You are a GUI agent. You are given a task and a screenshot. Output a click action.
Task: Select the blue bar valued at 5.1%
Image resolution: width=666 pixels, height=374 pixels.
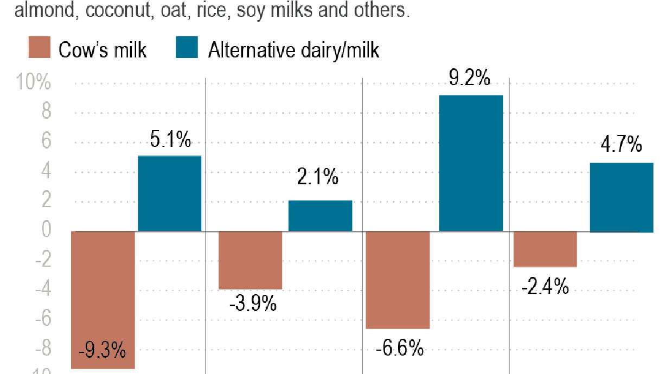point(170,194)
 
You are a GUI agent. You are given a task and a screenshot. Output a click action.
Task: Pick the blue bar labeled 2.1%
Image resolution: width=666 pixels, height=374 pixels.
point(320,216)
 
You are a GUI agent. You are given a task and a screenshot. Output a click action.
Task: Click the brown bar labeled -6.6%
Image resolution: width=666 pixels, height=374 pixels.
point(398,280)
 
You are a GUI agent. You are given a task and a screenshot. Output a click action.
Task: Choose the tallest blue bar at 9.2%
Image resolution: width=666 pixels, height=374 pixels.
point(471,163)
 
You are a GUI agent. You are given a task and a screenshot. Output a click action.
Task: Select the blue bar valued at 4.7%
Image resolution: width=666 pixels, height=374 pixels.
point(621,197)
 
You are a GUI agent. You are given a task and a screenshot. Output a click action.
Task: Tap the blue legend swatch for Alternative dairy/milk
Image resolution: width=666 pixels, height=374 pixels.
point(187,48)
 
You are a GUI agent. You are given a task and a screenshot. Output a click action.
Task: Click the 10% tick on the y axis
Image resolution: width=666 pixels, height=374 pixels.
point(34,83)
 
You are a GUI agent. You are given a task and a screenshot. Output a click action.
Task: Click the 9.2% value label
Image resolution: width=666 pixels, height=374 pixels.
point(470,79)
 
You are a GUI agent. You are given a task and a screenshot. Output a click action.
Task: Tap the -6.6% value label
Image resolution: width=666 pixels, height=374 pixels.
point(399,348)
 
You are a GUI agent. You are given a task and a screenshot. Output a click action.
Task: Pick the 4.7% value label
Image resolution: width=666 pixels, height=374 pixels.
point(621,146)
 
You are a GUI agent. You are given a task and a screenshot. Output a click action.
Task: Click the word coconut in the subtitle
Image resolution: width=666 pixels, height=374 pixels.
point(117,10)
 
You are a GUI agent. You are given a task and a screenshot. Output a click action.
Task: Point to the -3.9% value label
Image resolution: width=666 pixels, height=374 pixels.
point(253,304)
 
